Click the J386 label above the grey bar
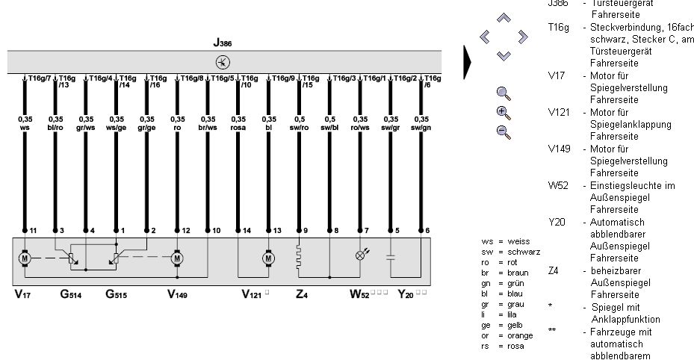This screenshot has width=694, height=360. click(223, 44)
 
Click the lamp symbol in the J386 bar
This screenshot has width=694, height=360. click(223, 61)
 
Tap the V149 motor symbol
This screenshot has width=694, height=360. click(177, 258)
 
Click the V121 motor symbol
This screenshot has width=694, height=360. click(269, 258)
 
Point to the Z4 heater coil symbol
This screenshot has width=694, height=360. click(300, 258)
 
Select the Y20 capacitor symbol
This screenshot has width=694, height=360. click(391, 258)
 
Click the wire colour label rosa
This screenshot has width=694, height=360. click(238, 127)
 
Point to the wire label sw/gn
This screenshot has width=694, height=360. click(422, 127)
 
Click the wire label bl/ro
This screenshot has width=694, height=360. click(55, 127)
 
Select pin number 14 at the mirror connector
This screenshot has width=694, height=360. click(246, 230)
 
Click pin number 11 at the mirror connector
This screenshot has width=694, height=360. click(32, 230)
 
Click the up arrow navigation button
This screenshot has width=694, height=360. click(504, 17)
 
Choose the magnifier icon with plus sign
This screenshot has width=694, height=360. click(504, 113)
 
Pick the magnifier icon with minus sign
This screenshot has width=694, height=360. click(504, 132)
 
